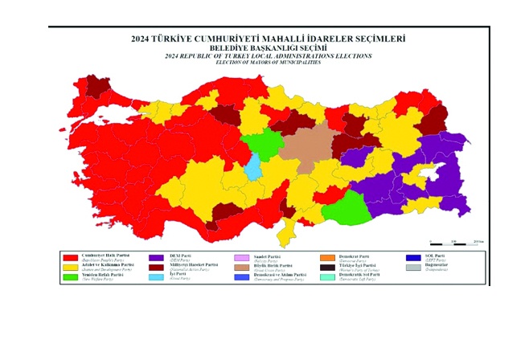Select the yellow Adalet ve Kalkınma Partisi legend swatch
(71, 266)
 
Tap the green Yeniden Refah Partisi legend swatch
(71, 276)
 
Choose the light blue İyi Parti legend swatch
(157, 276)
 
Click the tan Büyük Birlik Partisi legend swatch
(241, 266)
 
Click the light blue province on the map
(253, 167)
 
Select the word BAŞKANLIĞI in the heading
(281, 48)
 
